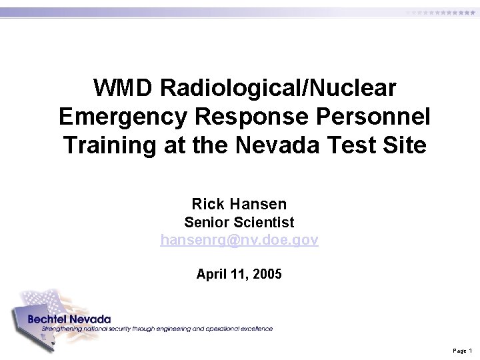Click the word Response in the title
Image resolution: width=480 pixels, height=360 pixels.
point(251,117)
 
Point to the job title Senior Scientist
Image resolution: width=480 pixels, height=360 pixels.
point(239,222)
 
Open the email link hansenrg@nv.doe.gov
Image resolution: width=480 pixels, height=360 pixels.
point(239,239)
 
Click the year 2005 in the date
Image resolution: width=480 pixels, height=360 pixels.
point(267,274)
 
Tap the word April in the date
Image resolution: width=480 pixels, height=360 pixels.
point(211,274)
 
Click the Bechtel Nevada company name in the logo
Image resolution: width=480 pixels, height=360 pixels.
point(69,319)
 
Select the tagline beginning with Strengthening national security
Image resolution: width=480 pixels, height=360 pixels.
point(157,329)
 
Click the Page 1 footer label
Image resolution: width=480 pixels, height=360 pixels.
point(462,350)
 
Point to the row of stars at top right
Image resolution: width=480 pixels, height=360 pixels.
point(440,13)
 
